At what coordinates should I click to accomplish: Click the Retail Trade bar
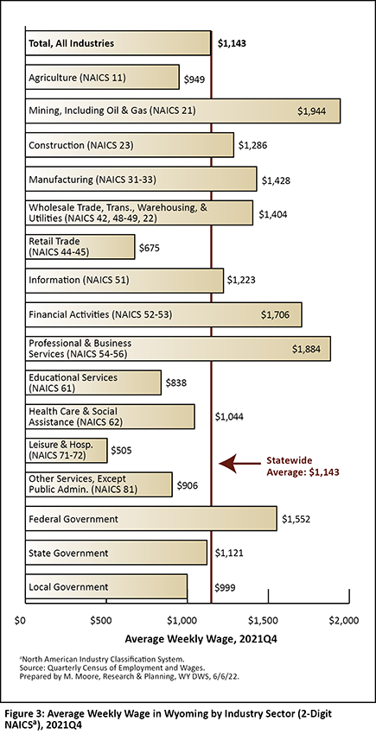pos(80,247)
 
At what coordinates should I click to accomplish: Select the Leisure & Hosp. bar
pos(66,450)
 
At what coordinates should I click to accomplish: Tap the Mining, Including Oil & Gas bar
pos(183,111)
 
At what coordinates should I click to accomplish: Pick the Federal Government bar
pos(151,518)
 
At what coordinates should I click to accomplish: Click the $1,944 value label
pos(312,111)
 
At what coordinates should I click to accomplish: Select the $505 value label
pos(121,451)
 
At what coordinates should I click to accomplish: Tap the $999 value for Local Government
pos(225,587)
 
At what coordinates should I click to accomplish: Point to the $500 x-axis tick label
pos(101,621)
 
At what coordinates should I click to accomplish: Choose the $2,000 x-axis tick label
pos(344,621)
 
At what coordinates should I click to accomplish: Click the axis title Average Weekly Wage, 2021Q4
pos(188,639)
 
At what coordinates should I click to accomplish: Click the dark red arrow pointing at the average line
pos(239,464)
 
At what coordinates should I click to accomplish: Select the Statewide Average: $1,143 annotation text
pos(303,466)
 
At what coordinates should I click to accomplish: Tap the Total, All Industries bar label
pos(71,43)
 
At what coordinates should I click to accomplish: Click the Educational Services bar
pos(93,383)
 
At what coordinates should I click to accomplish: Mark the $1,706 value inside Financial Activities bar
pos(275,315)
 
